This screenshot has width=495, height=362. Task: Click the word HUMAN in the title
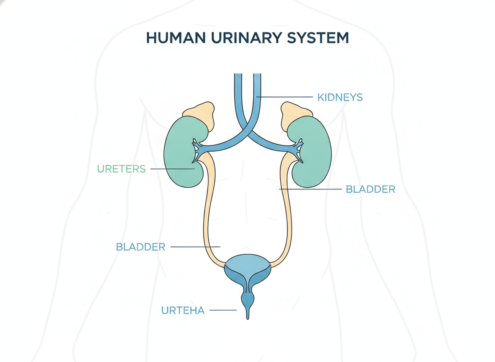(x=176, y=38)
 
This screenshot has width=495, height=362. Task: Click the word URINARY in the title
(x=246, y=38)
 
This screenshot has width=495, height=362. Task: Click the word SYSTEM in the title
(x=318, y=38)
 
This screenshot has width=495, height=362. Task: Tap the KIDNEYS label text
(x=340, y=97)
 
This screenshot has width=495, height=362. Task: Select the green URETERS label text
(x=121, y=169)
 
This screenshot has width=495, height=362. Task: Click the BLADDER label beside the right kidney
(x=370, y=189)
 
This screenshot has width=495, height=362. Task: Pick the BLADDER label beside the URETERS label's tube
(x=140, y=247)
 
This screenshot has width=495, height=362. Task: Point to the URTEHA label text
(x=183, y=310)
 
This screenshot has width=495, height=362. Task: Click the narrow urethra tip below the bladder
(x=247, y=314)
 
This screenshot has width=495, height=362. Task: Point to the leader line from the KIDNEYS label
(x=284, y=97)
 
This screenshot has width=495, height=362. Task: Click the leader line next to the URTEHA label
(x=223, y=310)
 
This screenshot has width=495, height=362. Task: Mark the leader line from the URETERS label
(x=172, y=169)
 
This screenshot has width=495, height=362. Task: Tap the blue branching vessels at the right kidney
(x=297, y=150)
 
